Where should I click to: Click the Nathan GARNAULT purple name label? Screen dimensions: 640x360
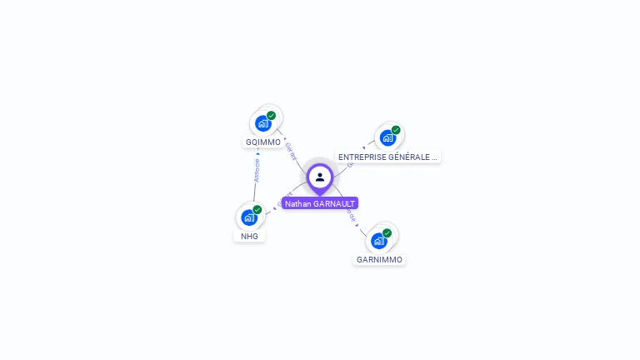coord(320,203)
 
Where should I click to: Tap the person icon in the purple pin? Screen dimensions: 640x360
coord(320,177)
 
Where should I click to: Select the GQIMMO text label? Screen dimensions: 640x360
coord(263,142)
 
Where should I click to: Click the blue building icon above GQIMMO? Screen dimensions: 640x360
coord(263,124)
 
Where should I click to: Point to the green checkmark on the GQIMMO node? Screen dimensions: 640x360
coord(272,116)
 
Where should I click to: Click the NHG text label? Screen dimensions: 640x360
coord(249,236)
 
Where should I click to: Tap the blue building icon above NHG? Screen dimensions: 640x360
coord(249,217)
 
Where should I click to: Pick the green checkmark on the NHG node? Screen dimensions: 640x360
coord(257,210)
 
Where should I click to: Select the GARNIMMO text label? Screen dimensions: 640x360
coord(379,259)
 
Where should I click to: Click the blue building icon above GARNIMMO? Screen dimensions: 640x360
coord(379,241)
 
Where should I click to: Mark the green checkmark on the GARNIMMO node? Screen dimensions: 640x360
coord(387,233)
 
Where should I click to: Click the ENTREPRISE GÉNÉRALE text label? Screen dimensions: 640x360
coord(387,157)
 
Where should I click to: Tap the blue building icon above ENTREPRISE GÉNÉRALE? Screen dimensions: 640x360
coord(387,137)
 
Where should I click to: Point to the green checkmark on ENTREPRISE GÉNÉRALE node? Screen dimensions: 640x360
coord(396,130)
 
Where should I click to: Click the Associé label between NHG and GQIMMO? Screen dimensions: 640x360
coord(257,171)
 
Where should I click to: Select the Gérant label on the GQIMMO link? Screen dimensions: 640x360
coord(290,150)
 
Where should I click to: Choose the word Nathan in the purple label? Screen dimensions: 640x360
coord(297,203)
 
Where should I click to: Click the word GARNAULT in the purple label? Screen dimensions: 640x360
coord(334,203)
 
